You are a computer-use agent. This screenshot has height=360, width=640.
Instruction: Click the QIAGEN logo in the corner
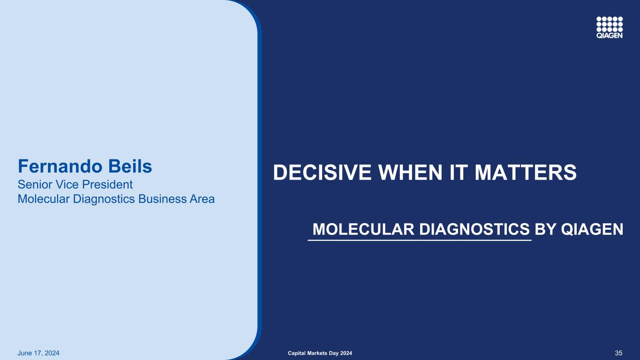point(609,27)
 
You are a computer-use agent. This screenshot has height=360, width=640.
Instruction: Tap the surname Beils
point(130,166)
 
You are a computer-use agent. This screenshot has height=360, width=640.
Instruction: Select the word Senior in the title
point(35,185)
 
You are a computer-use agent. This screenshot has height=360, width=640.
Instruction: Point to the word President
point(107,185)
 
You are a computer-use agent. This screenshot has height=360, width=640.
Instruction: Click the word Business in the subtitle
point(162,199)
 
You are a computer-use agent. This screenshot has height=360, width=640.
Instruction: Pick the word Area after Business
point(202,199)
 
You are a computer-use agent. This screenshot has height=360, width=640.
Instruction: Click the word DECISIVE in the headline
point(322,172)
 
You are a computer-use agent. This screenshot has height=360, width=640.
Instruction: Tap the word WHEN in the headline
point(410,172)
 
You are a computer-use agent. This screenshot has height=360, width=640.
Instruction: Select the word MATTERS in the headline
point(526,172)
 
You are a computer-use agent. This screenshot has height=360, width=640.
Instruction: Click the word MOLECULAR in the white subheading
point(363,229)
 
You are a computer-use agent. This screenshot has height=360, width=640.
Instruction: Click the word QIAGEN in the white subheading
point(592,229)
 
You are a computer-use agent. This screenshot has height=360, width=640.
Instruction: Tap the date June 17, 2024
point(38,353)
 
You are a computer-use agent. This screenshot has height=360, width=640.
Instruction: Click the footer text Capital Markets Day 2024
point(320,353)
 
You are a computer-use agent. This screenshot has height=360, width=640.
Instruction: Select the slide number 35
point(618,353)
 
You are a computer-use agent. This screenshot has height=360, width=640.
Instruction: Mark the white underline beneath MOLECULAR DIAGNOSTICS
point(420,240)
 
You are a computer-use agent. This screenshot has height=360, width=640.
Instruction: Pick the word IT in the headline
point(458,172)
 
